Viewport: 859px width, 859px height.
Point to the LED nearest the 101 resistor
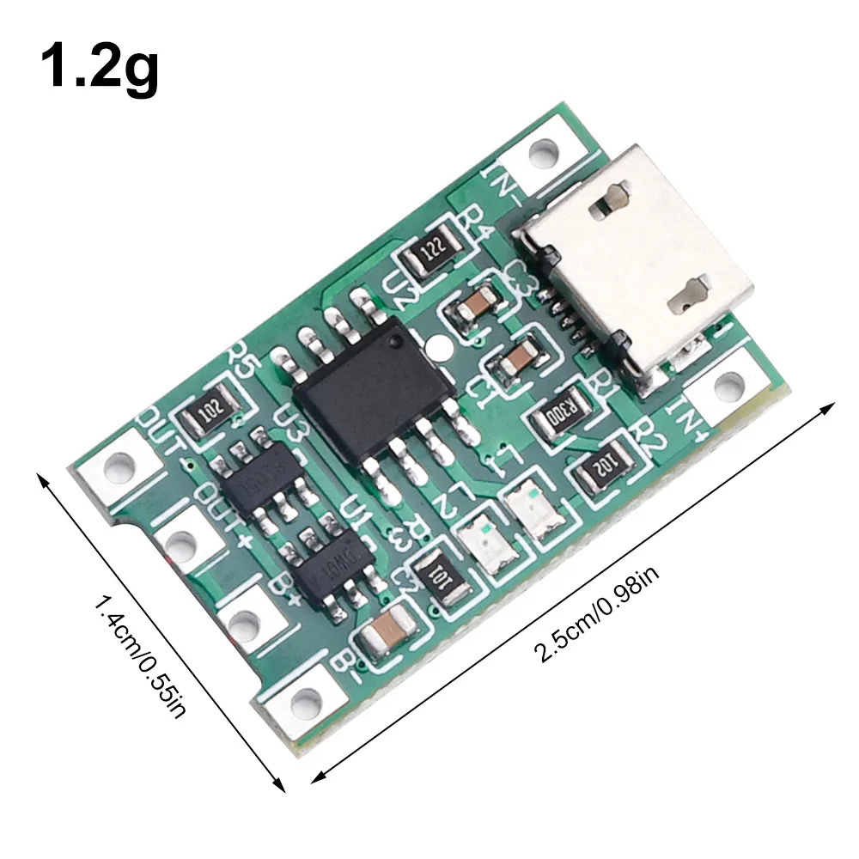(x=486, y=544)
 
